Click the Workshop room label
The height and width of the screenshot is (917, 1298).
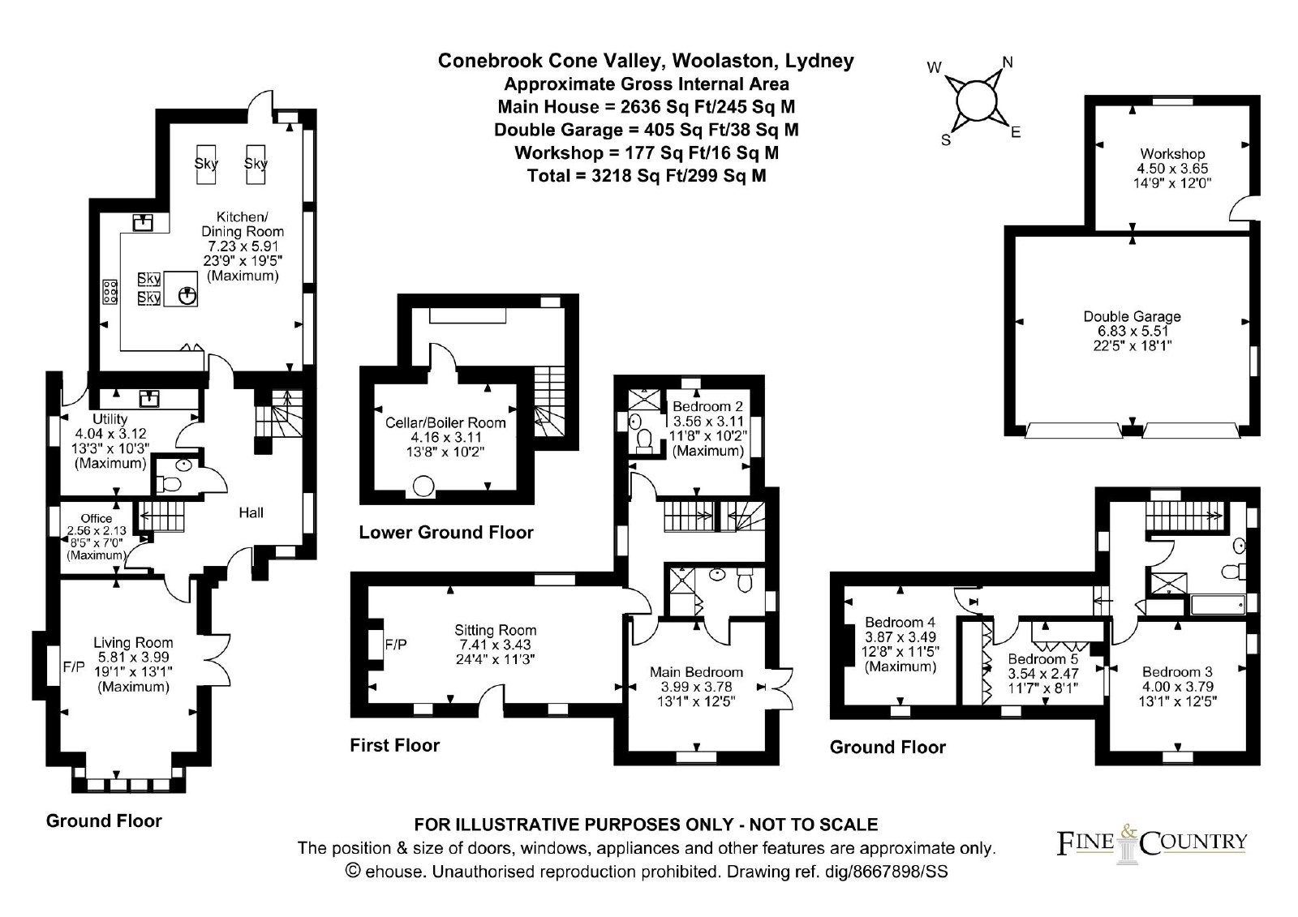click(x=1172, y=154)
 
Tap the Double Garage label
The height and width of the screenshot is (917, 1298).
click(x=1132, y=317)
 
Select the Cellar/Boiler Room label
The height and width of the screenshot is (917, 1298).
click(x=445, y=423)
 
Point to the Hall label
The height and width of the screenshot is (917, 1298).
click(x=251, y=512)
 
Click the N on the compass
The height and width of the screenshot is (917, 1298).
click(x=1007, y=62)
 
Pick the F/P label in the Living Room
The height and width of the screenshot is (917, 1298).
click(x=74, y=667)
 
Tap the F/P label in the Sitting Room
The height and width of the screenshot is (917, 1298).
click(x=397, y=644)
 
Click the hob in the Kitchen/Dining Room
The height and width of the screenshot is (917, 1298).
click(x=110, y=291)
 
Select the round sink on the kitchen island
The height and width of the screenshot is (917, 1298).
click(x=187, y=297)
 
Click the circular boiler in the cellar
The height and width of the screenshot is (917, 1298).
click(x=423, y=486)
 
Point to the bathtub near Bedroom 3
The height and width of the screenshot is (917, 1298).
click(x=1218, y=605)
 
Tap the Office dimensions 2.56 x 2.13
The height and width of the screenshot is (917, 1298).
click(x=97, y=530)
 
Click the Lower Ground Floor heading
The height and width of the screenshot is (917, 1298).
click(x=445, y=533)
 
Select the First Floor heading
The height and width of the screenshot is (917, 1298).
click(x=394, y=745)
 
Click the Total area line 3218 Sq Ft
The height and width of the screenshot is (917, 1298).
click(x=647, y=175)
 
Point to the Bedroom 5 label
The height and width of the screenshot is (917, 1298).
click(x=1042, y=659)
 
